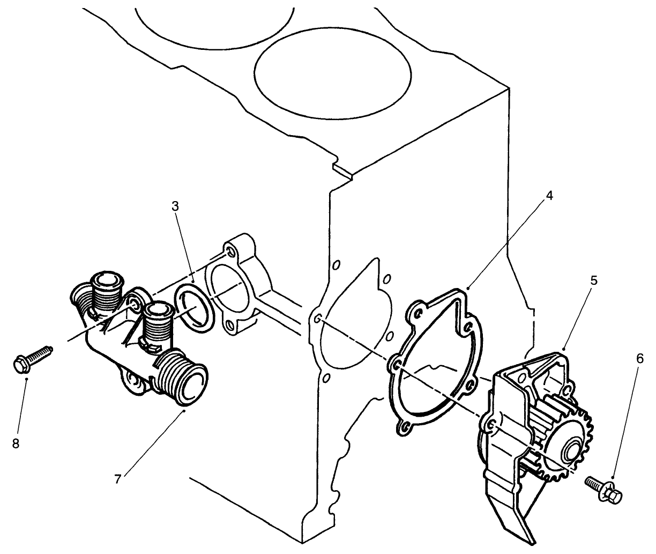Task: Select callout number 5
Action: click(595, 281)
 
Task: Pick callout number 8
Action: click(15, 444)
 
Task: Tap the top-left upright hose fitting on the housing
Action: click(109, 284)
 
